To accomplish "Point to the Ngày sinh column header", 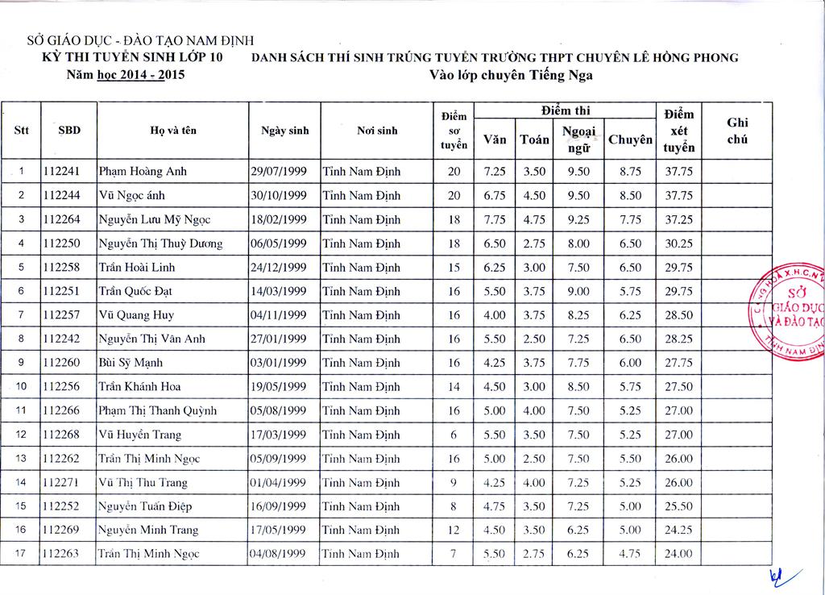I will point(285,131).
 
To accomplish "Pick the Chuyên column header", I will point(630,140).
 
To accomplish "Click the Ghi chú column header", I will point(737,131).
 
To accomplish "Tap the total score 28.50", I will point(678,315).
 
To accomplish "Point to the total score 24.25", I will point(678,531).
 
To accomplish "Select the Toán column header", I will point(534,140).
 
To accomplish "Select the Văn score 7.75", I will point(494,219).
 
